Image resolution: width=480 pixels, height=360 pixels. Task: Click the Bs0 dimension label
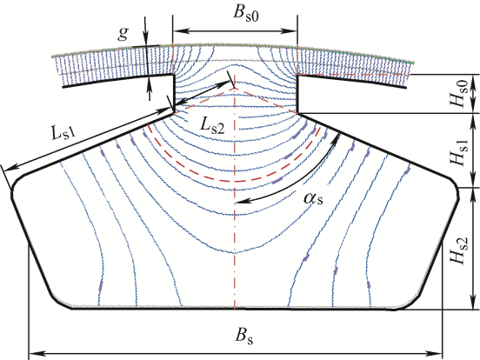(246, 14)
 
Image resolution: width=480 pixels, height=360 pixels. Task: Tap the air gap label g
(123, 33)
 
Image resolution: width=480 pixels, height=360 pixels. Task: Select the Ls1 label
(63, 133)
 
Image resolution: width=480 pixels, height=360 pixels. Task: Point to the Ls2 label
(212, 125)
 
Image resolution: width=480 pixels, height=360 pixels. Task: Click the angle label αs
(313, 198)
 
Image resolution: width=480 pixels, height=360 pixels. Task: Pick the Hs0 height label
(460, 94)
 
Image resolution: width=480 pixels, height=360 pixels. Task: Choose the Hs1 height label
(460, 152)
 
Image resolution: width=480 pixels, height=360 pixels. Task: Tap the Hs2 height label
(459, 250)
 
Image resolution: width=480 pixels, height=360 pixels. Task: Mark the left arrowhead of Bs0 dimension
(180, 31)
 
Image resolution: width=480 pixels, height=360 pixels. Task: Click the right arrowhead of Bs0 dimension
(290, 31)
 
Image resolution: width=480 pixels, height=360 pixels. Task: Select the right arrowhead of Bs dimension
(435, 354)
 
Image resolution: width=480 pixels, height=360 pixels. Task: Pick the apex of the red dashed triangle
(235, 89)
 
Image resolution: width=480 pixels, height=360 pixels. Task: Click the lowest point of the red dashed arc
(235, 181)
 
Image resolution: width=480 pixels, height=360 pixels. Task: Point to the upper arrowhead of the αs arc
(337, 138)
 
